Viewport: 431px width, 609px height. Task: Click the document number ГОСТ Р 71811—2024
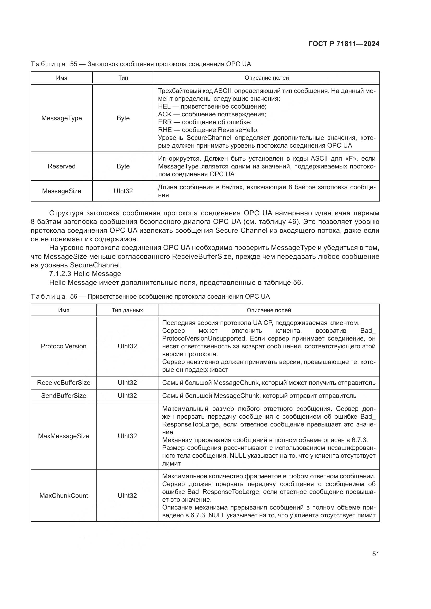344,44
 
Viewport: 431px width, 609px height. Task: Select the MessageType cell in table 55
61,118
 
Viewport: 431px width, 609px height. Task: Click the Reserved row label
61,166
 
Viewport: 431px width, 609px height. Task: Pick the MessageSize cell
61,191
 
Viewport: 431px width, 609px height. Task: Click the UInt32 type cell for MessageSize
123,191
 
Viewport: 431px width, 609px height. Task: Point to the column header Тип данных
127,310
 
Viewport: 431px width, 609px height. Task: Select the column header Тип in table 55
123,78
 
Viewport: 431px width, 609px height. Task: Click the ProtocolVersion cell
64,346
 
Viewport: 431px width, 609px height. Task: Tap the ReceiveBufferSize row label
64,382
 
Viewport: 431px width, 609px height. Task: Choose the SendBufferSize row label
64,395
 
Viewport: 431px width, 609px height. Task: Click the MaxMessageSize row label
64,436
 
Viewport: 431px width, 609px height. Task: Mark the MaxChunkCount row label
64,495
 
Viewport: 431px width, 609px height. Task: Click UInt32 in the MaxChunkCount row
127,495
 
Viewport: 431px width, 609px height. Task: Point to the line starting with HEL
212,107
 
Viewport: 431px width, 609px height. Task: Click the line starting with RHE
208,130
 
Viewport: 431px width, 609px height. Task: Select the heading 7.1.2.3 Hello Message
85,273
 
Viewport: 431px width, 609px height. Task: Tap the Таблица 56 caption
150,297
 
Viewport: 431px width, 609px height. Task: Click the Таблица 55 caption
141,64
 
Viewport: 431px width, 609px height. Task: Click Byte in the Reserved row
123,166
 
